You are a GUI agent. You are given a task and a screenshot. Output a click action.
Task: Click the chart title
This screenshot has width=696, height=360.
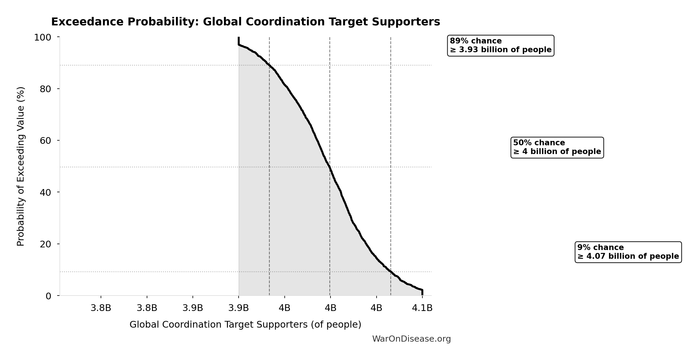[x=245, y=22]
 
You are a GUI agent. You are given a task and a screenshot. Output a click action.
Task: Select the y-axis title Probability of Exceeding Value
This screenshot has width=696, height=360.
[x=21, y=166]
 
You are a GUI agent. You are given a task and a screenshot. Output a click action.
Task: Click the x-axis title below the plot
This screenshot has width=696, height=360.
[x=245, y=325]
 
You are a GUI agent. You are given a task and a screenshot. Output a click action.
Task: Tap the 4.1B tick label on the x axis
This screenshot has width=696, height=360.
[x=422, y=308]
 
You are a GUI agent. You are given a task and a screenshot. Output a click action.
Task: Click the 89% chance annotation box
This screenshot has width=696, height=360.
[x=501, y=46]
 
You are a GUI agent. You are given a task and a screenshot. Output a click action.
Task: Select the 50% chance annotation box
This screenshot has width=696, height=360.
[x=557, y=147]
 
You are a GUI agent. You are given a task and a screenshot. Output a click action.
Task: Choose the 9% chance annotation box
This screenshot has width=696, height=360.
[x=628, y=252]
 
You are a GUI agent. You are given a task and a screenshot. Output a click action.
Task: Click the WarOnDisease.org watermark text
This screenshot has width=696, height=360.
[x=411, y=339]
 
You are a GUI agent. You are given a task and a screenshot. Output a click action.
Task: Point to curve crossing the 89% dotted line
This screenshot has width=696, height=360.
[x=269, y=65]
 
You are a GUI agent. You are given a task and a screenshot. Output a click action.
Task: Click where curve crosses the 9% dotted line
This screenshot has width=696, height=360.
[x=391, y=272]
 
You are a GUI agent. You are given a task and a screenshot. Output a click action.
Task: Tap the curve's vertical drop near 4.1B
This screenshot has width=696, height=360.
[x=422, y=292]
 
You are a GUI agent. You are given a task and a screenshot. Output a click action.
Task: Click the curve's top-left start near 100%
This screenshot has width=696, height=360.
[x=239, y=41]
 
